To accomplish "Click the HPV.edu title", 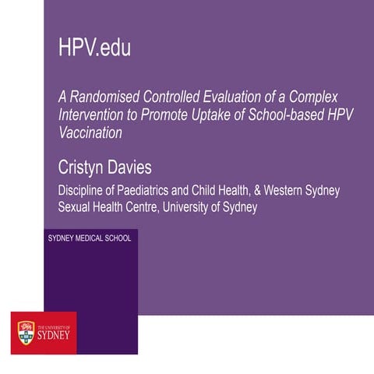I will click(x=94, y=48).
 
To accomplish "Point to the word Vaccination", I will click(x=91, y=133).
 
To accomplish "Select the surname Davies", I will click(x=150, y=165).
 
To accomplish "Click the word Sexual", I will click(x=79, y=208).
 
